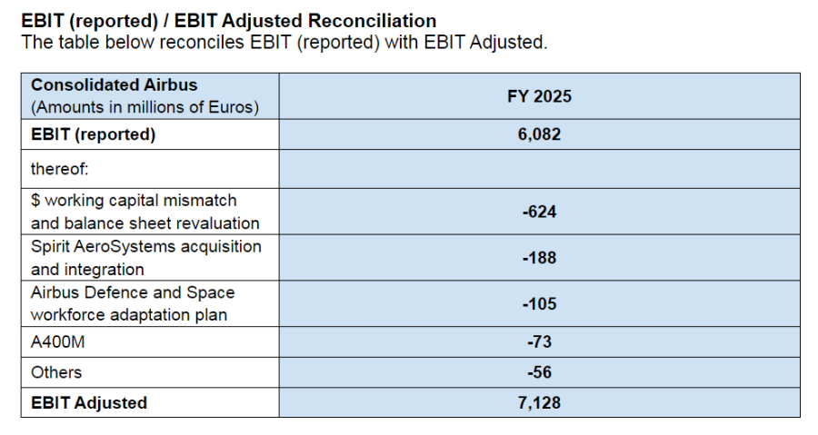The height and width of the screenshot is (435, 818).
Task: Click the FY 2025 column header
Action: point(539,96)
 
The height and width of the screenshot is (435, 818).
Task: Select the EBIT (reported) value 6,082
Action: point(539,134)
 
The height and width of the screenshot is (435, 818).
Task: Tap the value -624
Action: point(539,212)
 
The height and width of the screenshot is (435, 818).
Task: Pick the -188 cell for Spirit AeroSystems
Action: point(539,258)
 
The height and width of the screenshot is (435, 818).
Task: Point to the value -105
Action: point(539,303)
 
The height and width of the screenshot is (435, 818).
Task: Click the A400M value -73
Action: point(539,341)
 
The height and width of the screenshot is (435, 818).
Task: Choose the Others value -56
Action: point(539,372)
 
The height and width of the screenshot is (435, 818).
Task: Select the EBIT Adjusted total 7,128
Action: point(539,402)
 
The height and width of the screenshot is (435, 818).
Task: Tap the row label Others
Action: point(56,372)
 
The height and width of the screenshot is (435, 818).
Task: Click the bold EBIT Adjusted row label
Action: point(89,402)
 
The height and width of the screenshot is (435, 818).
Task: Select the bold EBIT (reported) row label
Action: point(94,134)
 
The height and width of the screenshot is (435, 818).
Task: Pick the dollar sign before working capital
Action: point(35,200)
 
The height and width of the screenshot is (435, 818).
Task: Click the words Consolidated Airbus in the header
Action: point(114,84)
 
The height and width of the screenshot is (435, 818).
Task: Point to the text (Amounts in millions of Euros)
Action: point(145,107)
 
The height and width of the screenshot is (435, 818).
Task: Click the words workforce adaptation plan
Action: point(129,315)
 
